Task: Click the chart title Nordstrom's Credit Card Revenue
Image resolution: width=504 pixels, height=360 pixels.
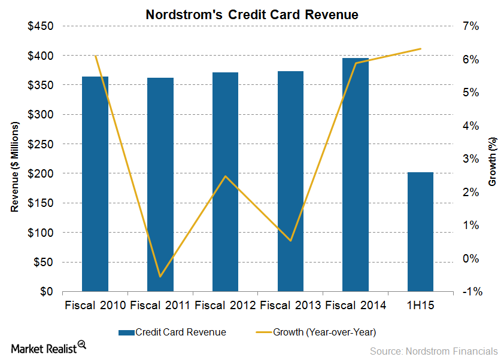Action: pyautogui.click(x=252, y=15)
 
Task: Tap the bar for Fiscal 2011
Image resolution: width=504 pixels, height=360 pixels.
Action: pyautogui.click(x=160, y=185)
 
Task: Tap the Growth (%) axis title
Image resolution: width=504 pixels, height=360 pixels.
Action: pyautogui.click(x=492, y=159)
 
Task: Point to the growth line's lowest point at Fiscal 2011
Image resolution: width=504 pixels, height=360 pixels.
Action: pyautogui.click(x=160, y=276)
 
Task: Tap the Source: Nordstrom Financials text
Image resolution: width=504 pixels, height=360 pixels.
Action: pyautogui.click(x=433, y=350)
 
